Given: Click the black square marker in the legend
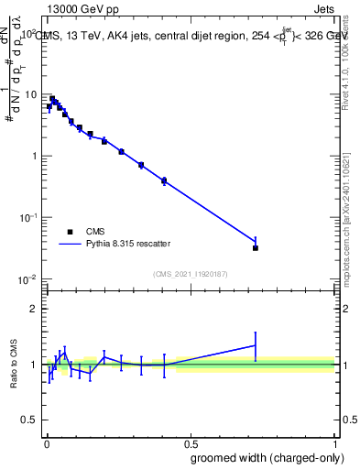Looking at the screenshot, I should (70, 233).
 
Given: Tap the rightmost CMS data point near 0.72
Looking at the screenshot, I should (256, 248).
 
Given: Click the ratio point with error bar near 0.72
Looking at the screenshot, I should (256, 345).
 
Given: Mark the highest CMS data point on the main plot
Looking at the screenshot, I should (52, 99).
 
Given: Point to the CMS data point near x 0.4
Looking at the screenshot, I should (164, 181).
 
